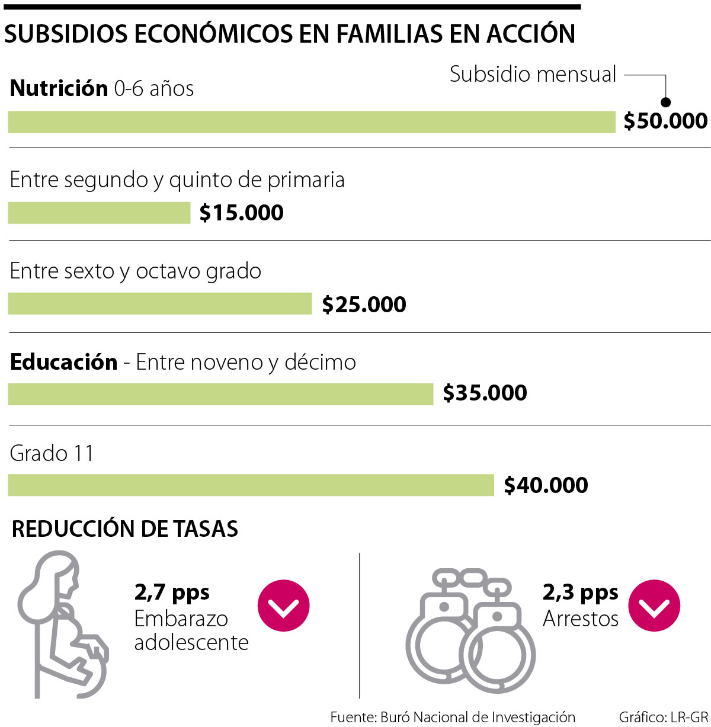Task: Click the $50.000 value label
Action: coord(665,121)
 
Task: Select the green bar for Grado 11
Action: coord(251,485)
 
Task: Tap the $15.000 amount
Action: coord(241,213)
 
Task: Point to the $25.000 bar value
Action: coord(364,305)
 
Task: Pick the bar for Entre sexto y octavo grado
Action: coord(160,303)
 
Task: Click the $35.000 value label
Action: coord(485,393)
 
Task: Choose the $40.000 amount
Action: coord(546,485)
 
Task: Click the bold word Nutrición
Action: coord(59,88)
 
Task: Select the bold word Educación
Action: coord(64,362)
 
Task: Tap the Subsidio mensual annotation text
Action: coord(533,75)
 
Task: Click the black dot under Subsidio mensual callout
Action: coord(665,102)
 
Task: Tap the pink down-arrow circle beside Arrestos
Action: coord(654,606)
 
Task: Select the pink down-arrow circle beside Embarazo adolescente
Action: coord(283,606)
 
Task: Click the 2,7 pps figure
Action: coord(172,592)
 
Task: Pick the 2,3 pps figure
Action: coord(580,592)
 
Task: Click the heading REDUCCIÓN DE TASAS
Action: coord(125,529)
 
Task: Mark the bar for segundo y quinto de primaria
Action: coord(99,213)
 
